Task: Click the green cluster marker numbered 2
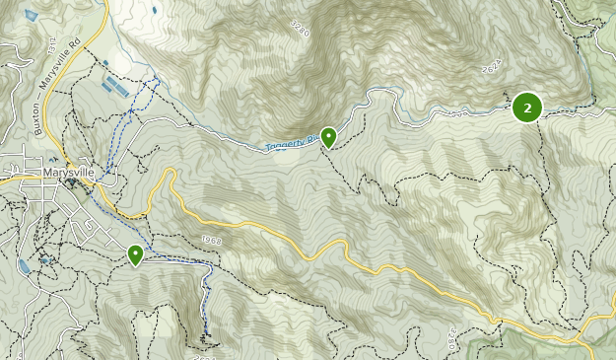[x=527, y=107]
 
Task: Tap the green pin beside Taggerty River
[x=328, y=136]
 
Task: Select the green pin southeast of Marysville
[x=135, y=254]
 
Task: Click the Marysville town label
[x=69, y=172]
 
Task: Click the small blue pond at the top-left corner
[x=31, y=16]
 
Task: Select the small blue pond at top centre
[x=154, y=10]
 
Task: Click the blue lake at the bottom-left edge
[x=23, y=266]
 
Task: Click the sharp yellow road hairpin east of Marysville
[x=170, y=174]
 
